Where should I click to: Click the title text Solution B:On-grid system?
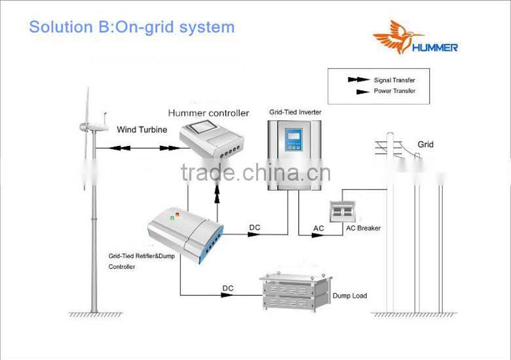[131, 27]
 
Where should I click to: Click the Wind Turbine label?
[138, 130]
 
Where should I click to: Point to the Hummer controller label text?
[208, 113]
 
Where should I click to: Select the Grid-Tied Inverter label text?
[295, 113]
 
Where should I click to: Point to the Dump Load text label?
[350, 296]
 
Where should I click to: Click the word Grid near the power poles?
[425, 145]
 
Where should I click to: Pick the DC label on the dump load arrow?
[227, 288]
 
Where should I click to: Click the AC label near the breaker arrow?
[318, 228]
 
